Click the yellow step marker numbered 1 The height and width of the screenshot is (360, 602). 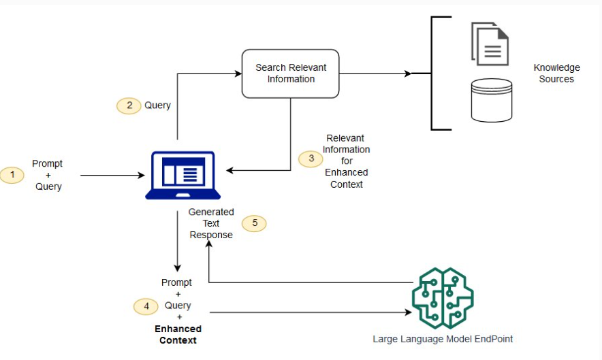[12, 175]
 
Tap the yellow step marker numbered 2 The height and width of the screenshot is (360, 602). [129, 105]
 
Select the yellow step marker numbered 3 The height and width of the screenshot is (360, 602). [311, 159]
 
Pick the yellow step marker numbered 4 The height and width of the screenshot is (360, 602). [146, 306]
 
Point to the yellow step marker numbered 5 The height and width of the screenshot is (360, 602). [254, 223]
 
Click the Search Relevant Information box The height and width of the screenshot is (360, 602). [290, 73]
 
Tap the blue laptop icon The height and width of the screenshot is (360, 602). [183, 176]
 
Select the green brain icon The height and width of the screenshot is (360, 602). [443, 298]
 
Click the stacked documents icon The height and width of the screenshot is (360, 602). [490, 44]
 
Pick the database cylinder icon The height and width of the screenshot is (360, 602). [492, 101]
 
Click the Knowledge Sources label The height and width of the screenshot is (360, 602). [556, 73]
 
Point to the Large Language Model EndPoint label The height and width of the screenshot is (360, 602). [443, 340]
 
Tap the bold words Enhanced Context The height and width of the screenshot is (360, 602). [178, 335]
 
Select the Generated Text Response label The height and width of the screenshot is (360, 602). [211, 223]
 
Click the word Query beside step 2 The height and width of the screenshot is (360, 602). [157, 105]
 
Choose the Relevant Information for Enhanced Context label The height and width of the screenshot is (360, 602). [347, 161]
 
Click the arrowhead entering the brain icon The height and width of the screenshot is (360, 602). [409, 312]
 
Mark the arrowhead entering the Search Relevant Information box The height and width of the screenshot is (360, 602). [238, 73]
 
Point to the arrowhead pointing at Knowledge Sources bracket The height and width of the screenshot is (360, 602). [408, 73]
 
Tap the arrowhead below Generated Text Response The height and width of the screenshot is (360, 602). [209, 244]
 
